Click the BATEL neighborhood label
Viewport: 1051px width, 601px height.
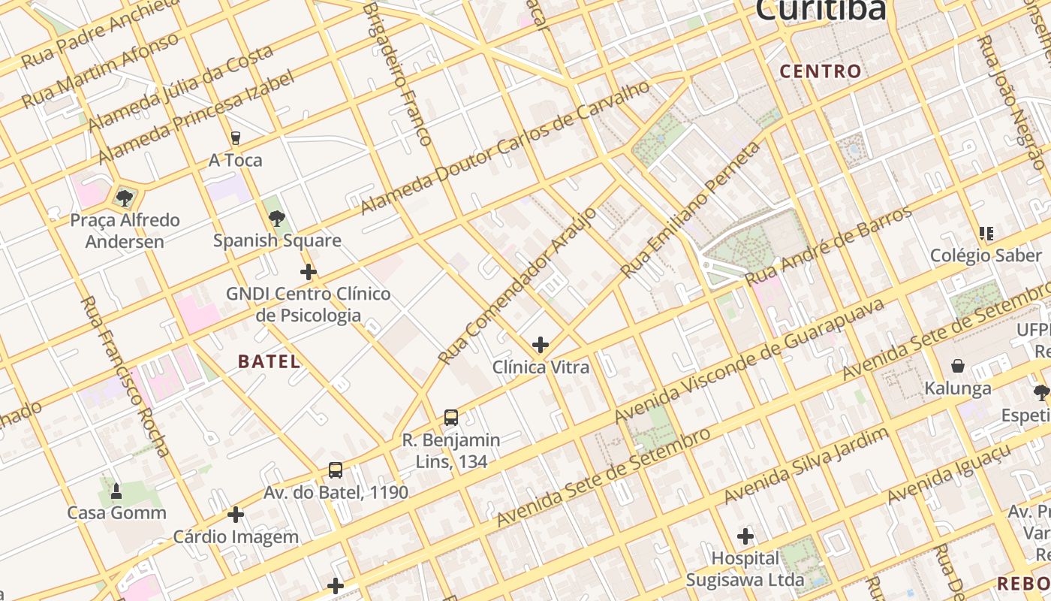coord(269,361)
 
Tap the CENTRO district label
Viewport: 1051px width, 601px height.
coord(820,71)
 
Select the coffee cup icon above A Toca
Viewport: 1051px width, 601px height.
coord(236,138)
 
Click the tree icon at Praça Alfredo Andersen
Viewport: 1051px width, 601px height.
coord(125,198)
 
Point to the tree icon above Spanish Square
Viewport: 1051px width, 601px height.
coord(277,219)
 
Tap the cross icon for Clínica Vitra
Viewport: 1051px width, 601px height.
coord(541,345)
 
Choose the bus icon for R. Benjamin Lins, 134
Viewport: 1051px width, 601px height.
coord(451,418)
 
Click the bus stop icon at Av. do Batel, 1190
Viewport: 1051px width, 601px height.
coord(336,470)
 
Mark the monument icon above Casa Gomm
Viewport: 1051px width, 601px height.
coord(116,491)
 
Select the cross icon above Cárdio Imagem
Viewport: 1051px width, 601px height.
coord(236,515)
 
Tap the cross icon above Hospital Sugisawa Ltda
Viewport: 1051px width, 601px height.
coord(745,536)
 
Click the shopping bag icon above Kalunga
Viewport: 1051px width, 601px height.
coord(958,367)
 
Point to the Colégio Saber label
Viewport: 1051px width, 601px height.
coord(986,255)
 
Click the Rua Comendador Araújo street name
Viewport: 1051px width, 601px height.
coord(517,286)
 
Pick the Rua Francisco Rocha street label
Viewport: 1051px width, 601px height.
coord(125,376)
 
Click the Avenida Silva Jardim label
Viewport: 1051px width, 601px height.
coord(806,466)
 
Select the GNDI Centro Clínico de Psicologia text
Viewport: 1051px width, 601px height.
coord(309,304)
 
